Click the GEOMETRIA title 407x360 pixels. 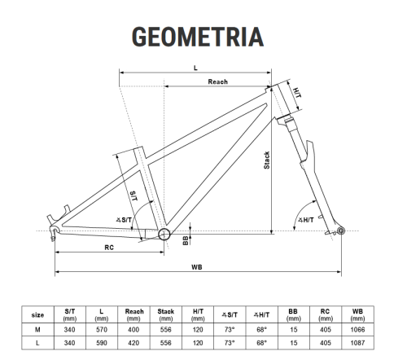tap(197, 37)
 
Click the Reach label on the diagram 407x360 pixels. tap(217, 81)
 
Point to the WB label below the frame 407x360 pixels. tap(197, 266)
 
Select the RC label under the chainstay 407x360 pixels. tap(108, 247)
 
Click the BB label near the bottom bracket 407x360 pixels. tap(186, 239)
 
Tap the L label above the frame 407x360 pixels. tap(197, 68)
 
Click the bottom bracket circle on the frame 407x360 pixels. tap(164, 235)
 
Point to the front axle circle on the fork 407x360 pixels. tap(341, 232)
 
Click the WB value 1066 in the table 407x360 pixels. tap(357, 330)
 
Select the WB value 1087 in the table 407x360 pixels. tap(357, 344)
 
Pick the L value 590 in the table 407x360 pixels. tap(101, 344)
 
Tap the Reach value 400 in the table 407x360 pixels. tap(133, 330)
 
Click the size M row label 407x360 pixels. tap(37, 330)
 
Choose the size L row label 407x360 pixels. tap(37, 344)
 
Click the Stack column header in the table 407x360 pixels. tap(165, 314)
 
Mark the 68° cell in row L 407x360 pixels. tap(260, 344)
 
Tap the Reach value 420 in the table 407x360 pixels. tap(133, 344)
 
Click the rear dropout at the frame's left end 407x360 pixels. tap(55, 231)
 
